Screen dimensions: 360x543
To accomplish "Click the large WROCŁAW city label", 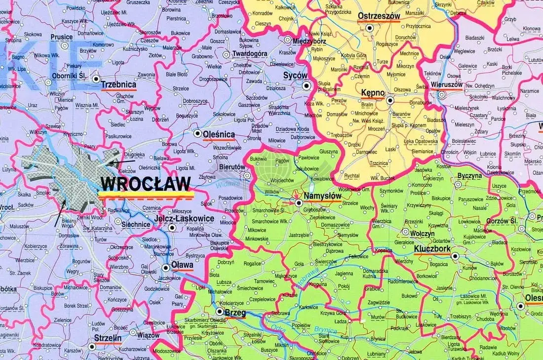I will [x=145, y=184].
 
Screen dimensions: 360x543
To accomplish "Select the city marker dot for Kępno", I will [x=389, y=100].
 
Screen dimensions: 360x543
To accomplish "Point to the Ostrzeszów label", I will [x=378, y=16].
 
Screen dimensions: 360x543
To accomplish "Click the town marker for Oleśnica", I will [x=197, y=133].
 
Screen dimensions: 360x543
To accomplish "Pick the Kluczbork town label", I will [x=431, y=249].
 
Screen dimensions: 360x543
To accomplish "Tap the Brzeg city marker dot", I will [x=220, y=312].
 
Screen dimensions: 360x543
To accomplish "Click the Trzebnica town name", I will [x=118, y=85].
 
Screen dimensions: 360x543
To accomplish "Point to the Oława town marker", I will [x=165, y=268].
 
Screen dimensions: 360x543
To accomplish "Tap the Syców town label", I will [x=295, y=76].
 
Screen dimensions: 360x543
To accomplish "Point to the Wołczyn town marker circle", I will [x=405, y=231].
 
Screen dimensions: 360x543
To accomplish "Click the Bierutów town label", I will [x=232, y=167].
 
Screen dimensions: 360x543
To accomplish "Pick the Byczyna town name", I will [x=469, y=176].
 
